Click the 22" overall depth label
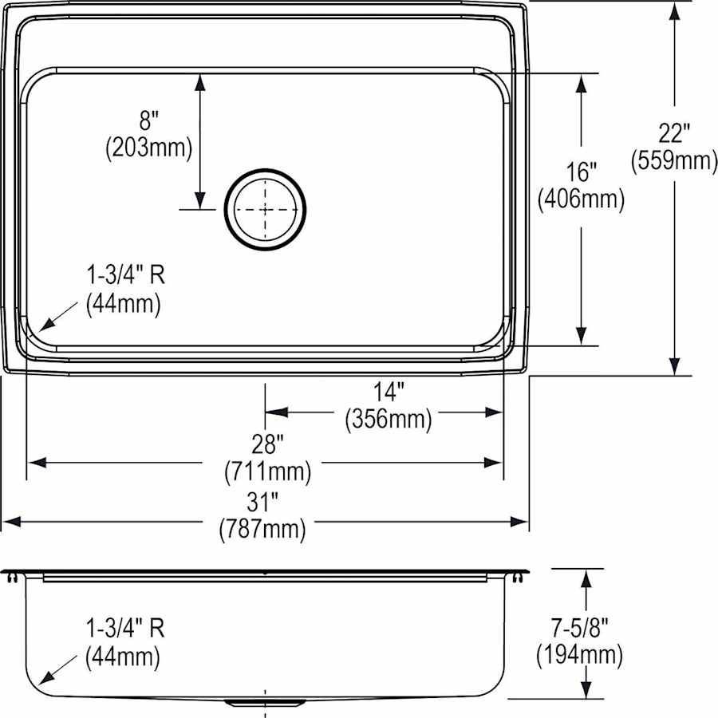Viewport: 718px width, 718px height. [673, 133]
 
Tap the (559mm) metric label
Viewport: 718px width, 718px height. [674, 160]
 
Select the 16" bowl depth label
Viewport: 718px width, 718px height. [581, 172]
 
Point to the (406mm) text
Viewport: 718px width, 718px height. [581, 199]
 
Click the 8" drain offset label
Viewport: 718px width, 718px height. [149, 121]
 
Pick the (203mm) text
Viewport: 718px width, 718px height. [149, 148]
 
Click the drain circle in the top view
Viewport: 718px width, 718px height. [265, 209]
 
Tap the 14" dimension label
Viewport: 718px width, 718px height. [389, 392]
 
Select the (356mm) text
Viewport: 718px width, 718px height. [389, 419]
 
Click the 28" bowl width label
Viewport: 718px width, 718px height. [267, 444]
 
